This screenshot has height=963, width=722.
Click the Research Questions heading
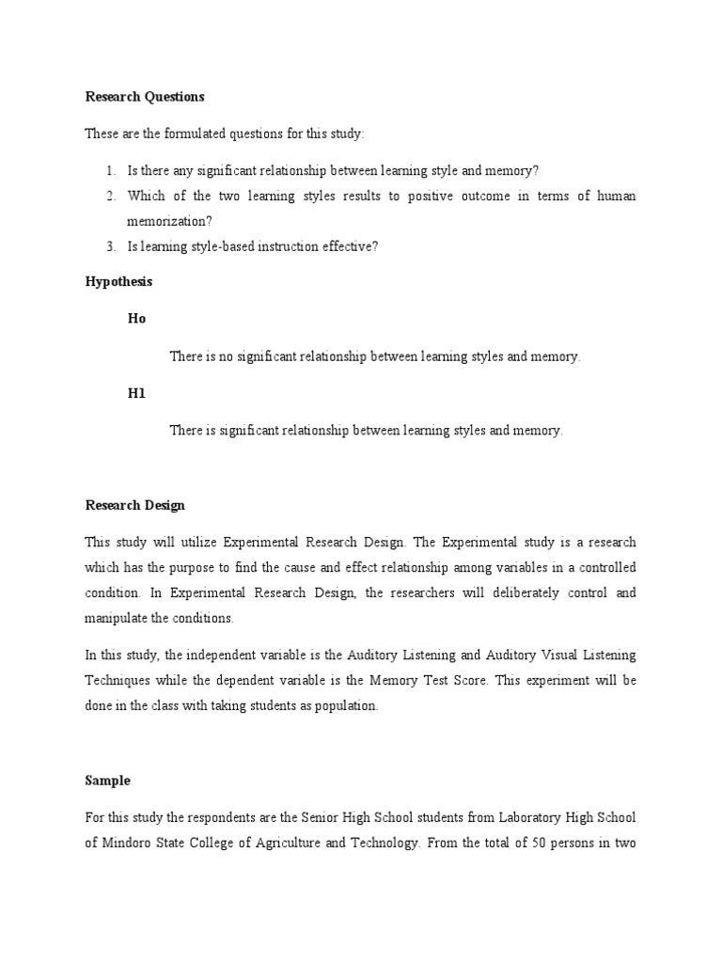click(x=145, y=97)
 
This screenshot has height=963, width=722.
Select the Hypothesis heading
click(x=118, y=281)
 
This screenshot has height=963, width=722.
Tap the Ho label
click(x=137, y=319)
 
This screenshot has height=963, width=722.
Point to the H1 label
click(x=137, y=393)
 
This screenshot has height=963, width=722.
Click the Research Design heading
click(x=134, y=505)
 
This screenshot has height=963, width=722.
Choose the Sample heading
click(x=108, y=781)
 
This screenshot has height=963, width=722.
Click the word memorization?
click(x=169, y=220)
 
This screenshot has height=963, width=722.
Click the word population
click(x=347, y=706)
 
